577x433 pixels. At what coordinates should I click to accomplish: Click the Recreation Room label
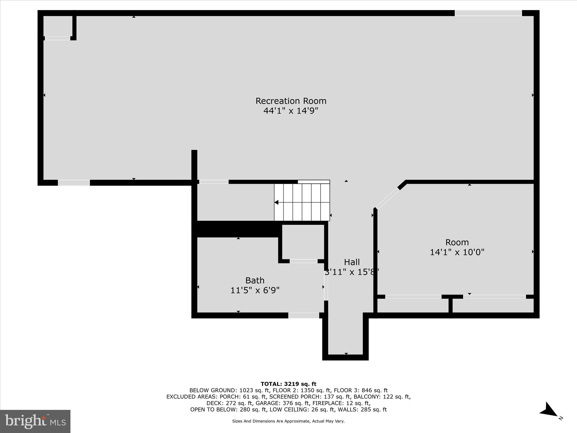[x=291, y=101]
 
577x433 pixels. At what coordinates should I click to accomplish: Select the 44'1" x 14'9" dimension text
[x=291, y=111]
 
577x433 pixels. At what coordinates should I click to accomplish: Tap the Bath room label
[x=255, y=280]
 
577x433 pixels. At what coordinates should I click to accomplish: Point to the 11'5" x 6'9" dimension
[x=255, y=290]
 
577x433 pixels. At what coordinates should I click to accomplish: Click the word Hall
[x=352, y=262]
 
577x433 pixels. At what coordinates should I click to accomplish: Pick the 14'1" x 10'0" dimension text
[x=457, y=252]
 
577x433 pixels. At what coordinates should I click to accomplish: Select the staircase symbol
[x=302, y=202]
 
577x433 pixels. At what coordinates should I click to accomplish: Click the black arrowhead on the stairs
[x=276, y=202]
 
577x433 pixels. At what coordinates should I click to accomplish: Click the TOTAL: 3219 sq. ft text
[x=288, y=384]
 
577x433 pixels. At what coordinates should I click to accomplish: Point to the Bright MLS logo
[x=35, y=421]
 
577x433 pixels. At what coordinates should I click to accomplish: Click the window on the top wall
[x=488, y=13]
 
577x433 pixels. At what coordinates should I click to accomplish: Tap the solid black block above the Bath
[x=237, y=229]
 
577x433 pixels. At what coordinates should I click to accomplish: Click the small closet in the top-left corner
[x=58, y=26]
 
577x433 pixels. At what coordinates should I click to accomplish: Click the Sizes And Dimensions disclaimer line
[x=288, y=421]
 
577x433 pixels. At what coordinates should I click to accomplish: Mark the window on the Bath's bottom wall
[x=303, y=315]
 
